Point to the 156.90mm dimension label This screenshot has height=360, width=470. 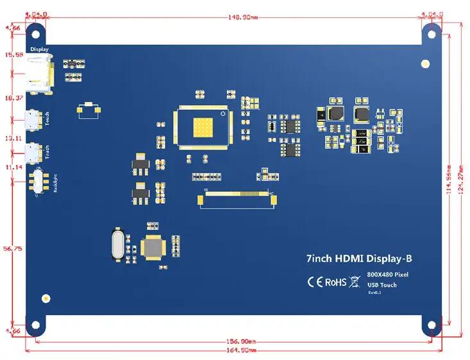(x=242, y=341)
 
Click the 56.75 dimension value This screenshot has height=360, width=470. (x=13, y=248)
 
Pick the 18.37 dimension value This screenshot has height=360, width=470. (x=13, y=98)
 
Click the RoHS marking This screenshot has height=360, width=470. (x=335, y=282)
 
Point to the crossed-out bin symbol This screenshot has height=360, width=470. (x=354, y=282)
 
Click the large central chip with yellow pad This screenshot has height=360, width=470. (x=201, y=126)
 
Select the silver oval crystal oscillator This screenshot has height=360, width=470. (x=118, y=244)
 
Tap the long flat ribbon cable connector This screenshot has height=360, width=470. (x=237, y=199)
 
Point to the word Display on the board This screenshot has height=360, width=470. (x=40, y=49)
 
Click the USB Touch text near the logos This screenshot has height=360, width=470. (x=382, y=285)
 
